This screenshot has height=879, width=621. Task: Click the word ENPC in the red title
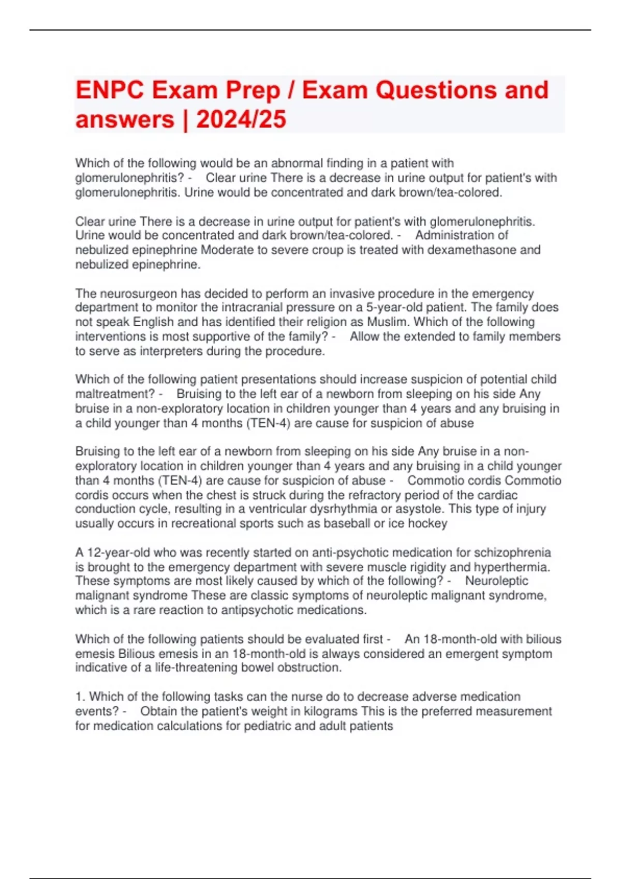(109, 90)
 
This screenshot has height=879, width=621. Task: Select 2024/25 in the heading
(241, 120)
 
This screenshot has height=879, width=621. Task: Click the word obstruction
(309, 668)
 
